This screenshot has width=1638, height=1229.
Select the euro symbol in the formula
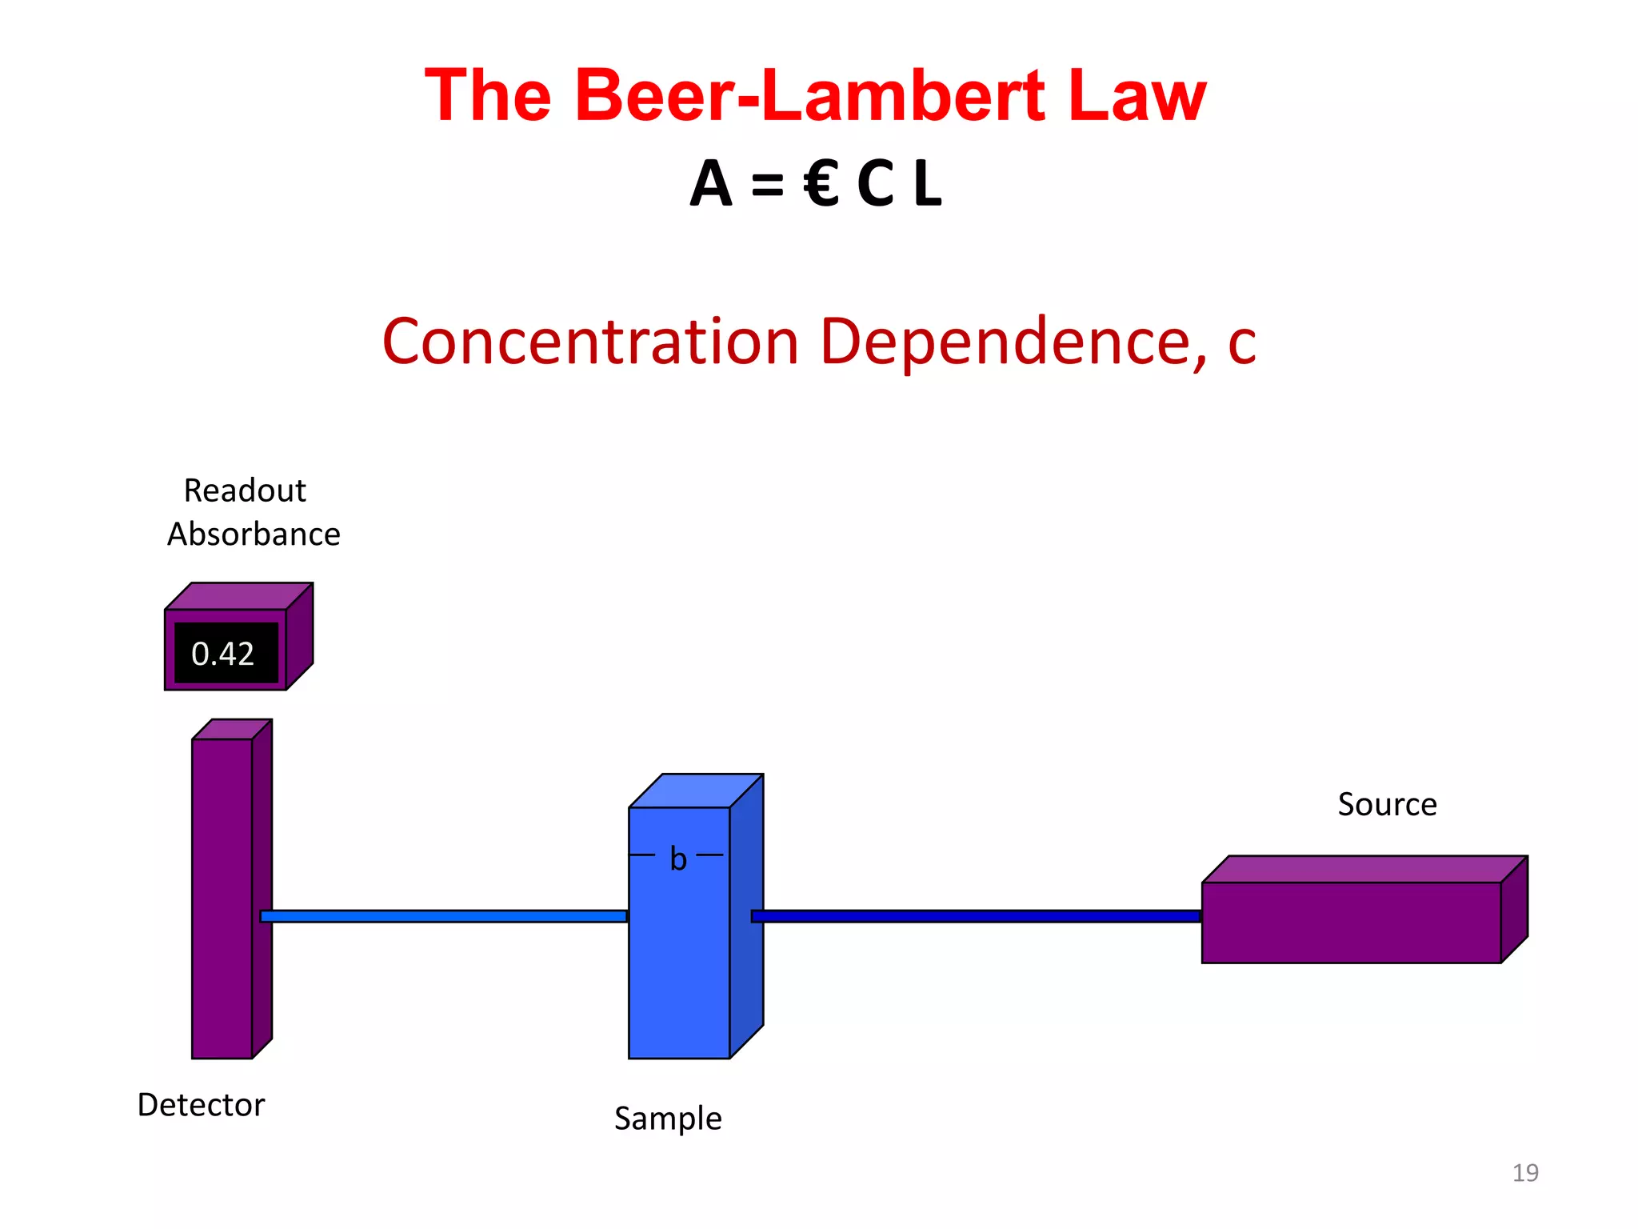(821, 184)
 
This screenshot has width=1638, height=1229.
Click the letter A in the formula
(711, 184)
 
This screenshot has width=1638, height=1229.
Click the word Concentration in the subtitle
(590, 342)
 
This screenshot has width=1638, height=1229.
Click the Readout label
(245, 490)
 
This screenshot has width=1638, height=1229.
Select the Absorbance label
(254, 534)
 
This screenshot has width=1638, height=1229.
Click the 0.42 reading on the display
(223, 655)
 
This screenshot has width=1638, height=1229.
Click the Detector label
(201, 1105)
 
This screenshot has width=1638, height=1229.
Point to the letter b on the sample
(678, 859)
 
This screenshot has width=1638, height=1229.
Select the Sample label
(668, 1119)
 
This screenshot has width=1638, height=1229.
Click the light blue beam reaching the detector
(444, 916)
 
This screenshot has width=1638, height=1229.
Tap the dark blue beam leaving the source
(976, 916)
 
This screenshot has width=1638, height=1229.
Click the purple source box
(1352, 922)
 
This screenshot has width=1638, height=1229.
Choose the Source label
(1387, 805)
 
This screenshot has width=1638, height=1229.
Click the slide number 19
(1525, 1173)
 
